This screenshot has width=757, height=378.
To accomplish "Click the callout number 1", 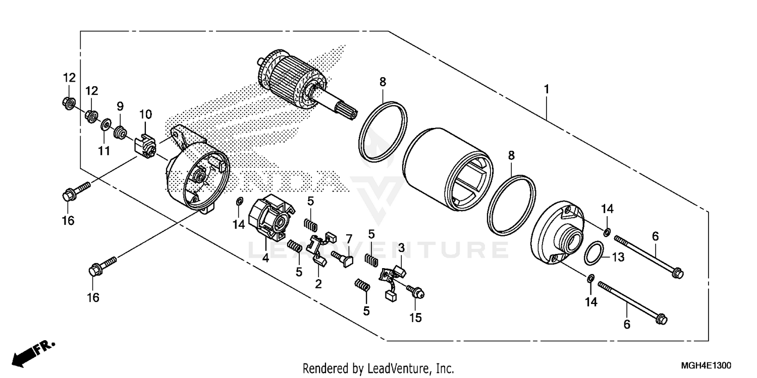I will [x=546, y=89].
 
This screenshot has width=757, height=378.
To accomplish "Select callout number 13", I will [x=618, y=257].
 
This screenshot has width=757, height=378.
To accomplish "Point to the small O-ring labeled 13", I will [x=595, y=252].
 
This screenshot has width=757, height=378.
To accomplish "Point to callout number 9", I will [x=120, y=106].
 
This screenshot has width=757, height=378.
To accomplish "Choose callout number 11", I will [x=103, y=151].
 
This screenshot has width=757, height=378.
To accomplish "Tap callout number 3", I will [x=401, y=247].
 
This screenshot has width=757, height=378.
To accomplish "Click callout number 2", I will [x=318, y=284].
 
